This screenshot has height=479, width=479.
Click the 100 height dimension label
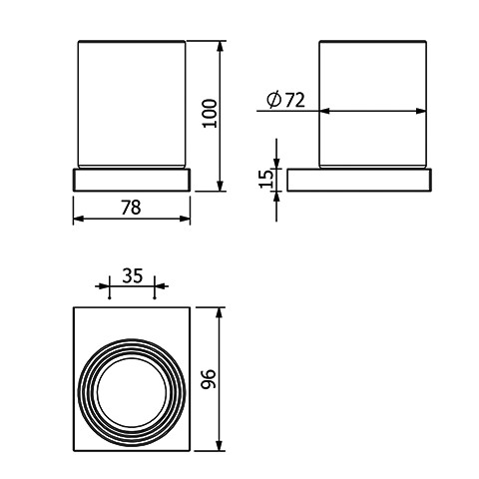(x=211, y=113)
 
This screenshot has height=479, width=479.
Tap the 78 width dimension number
(x=131, y=208)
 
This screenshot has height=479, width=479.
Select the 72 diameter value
(x=295, y=100)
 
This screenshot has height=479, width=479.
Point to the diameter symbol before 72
(x=274, y=100)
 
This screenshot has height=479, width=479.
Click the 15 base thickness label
(x=266, y=179)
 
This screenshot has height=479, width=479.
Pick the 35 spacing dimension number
(x=133, y=275)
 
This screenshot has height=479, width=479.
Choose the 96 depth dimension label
(x=210, y=378)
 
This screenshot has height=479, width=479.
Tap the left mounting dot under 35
(x=109, y=298)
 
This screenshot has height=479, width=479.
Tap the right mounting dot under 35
(x=155, y=298)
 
